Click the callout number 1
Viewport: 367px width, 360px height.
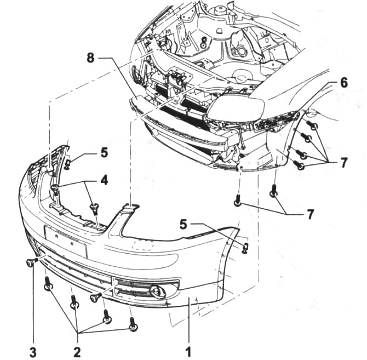[x=189, y=349]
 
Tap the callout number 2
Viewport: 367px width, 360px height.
[x=77, y=350]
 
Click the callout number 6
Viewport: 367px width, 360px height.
[x=343, y=83]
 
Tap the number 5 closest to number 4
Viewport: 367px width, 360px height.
[x=104, y=152]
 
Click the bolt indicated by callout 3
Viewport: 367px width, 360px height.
[x=31, y=263]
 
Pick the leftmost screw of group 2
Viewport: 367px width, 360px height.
[x=48, y=284]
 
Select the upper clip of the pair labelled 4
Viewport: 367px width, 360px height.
[x=55, y=189]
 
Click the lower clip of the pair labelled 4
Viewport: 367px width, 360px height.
[x=94, y=208]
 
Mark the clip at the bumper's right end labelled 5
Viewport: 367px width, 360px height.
[x=245, y=248]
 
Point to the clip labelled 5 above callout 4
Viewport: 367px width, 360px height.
[x=67, y=163]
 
